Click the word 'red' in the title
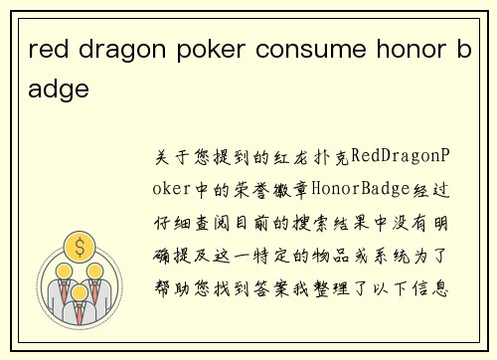[48, 51]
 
